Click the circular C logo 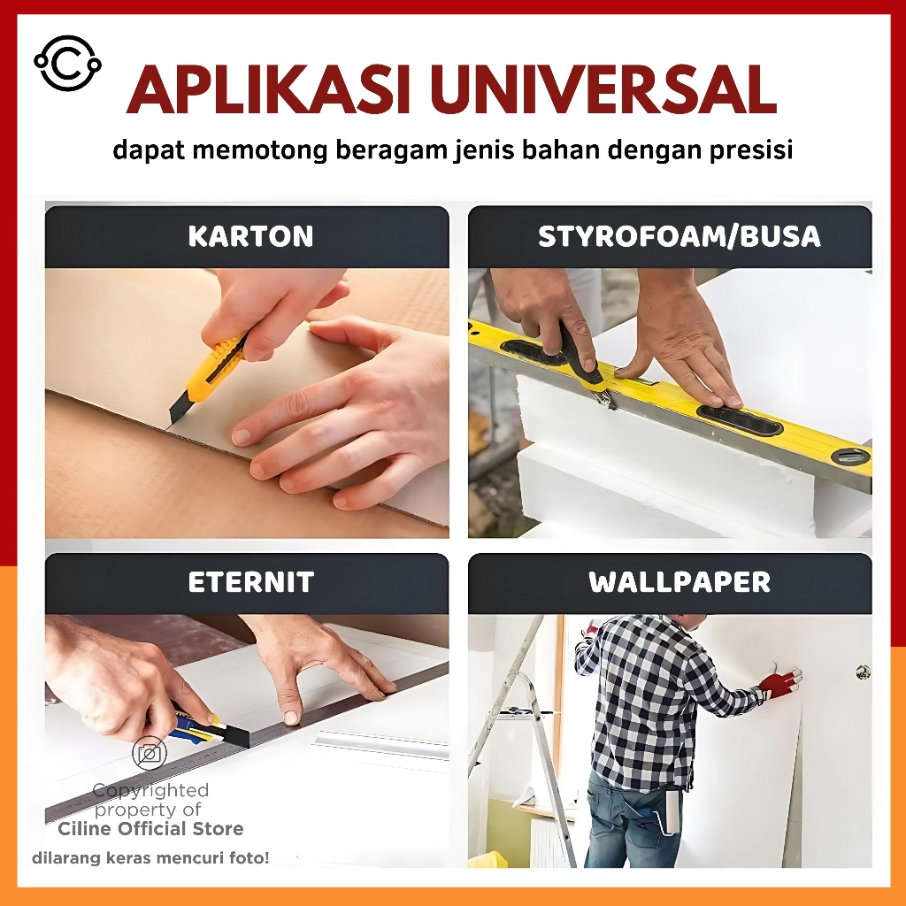click(x=67, y=64)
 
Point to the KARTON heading click(x=250, y=236)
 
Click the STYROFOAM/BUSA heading click(x=679, y=236)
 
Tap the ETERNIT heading click(x=250, y=582)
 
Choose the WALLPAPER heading click(x=679, y=582)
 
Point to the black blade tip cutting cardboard click(x=173, y=418)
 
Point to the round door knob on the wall click(x=864, y=672)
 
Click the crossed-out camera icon click(x=149, y=754)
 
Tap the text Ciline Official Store click(x=150, y=829)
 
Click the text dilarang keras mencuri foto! click(x=150, y=858)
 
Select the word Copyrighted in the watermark click(x=150, y=790)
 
